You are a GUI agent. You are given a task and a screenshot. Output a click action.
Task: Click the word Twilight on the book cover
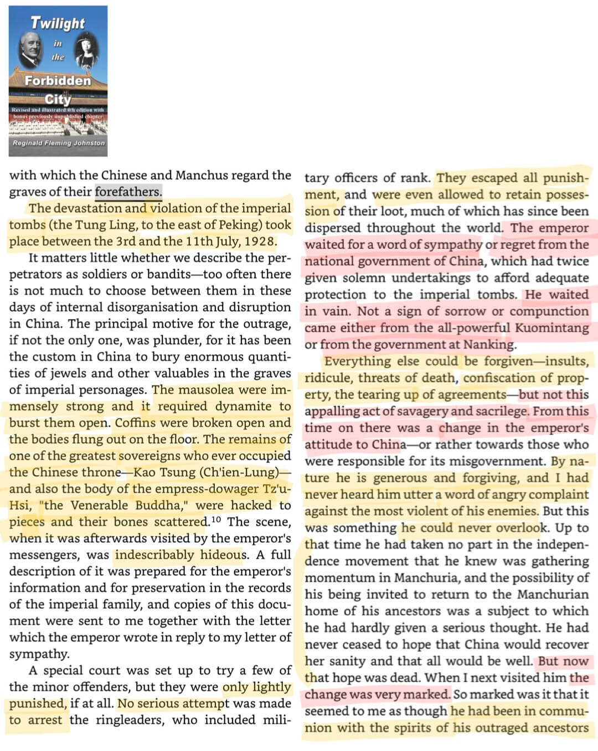58,23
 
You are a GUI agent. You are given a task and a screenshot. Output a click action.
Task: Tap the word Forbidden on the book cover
58,81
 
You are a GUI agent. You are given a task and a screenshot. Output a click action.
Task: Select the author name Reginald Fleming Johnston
59,143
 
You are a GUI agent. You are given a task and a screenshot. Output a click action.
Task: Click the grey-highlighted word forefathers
128,192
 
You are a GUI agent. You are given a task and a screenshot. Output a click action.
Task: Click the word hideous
223,555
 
